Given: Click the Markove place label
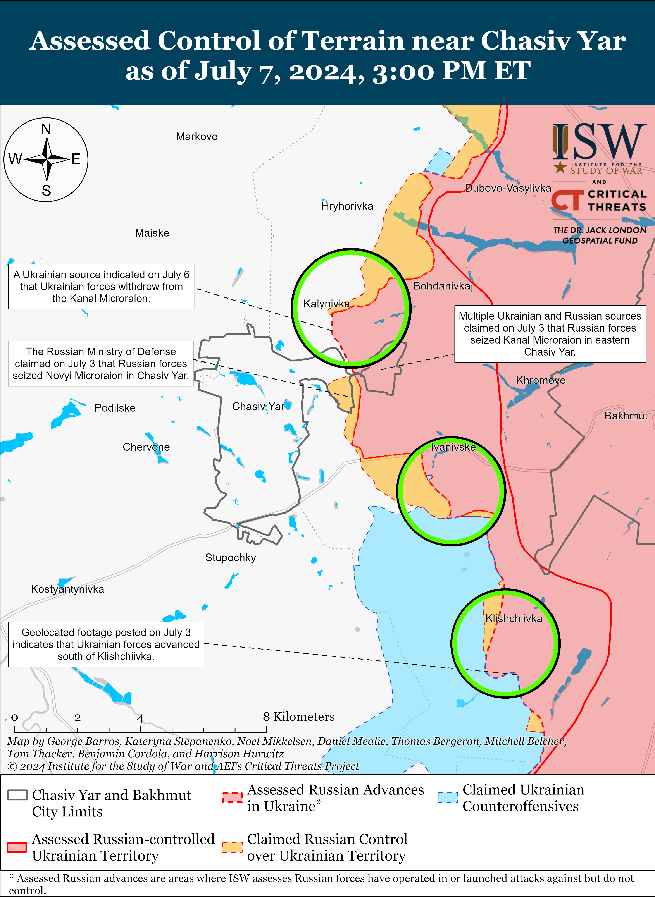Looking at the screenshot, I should pos(197,137).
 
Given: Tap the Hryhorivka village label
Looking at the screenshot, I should pos(347,206).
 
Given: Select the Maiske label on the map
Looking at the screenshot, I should pos(152,233).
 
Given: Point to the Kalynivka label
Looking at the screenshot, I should pos(326,304).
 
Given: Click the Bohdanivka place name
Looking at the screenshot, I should pos(441,286).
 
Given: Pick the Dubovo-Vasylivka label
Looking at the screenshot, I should pos(508,188).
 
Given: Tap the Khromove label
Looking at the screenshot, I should pos(540,381).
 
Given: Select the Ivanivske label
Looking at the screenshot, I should pos(453,447).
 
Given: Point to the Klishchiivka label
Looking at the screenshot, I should pos(514,619).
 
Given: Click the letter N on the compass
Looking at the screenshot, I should pos(46,129).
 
